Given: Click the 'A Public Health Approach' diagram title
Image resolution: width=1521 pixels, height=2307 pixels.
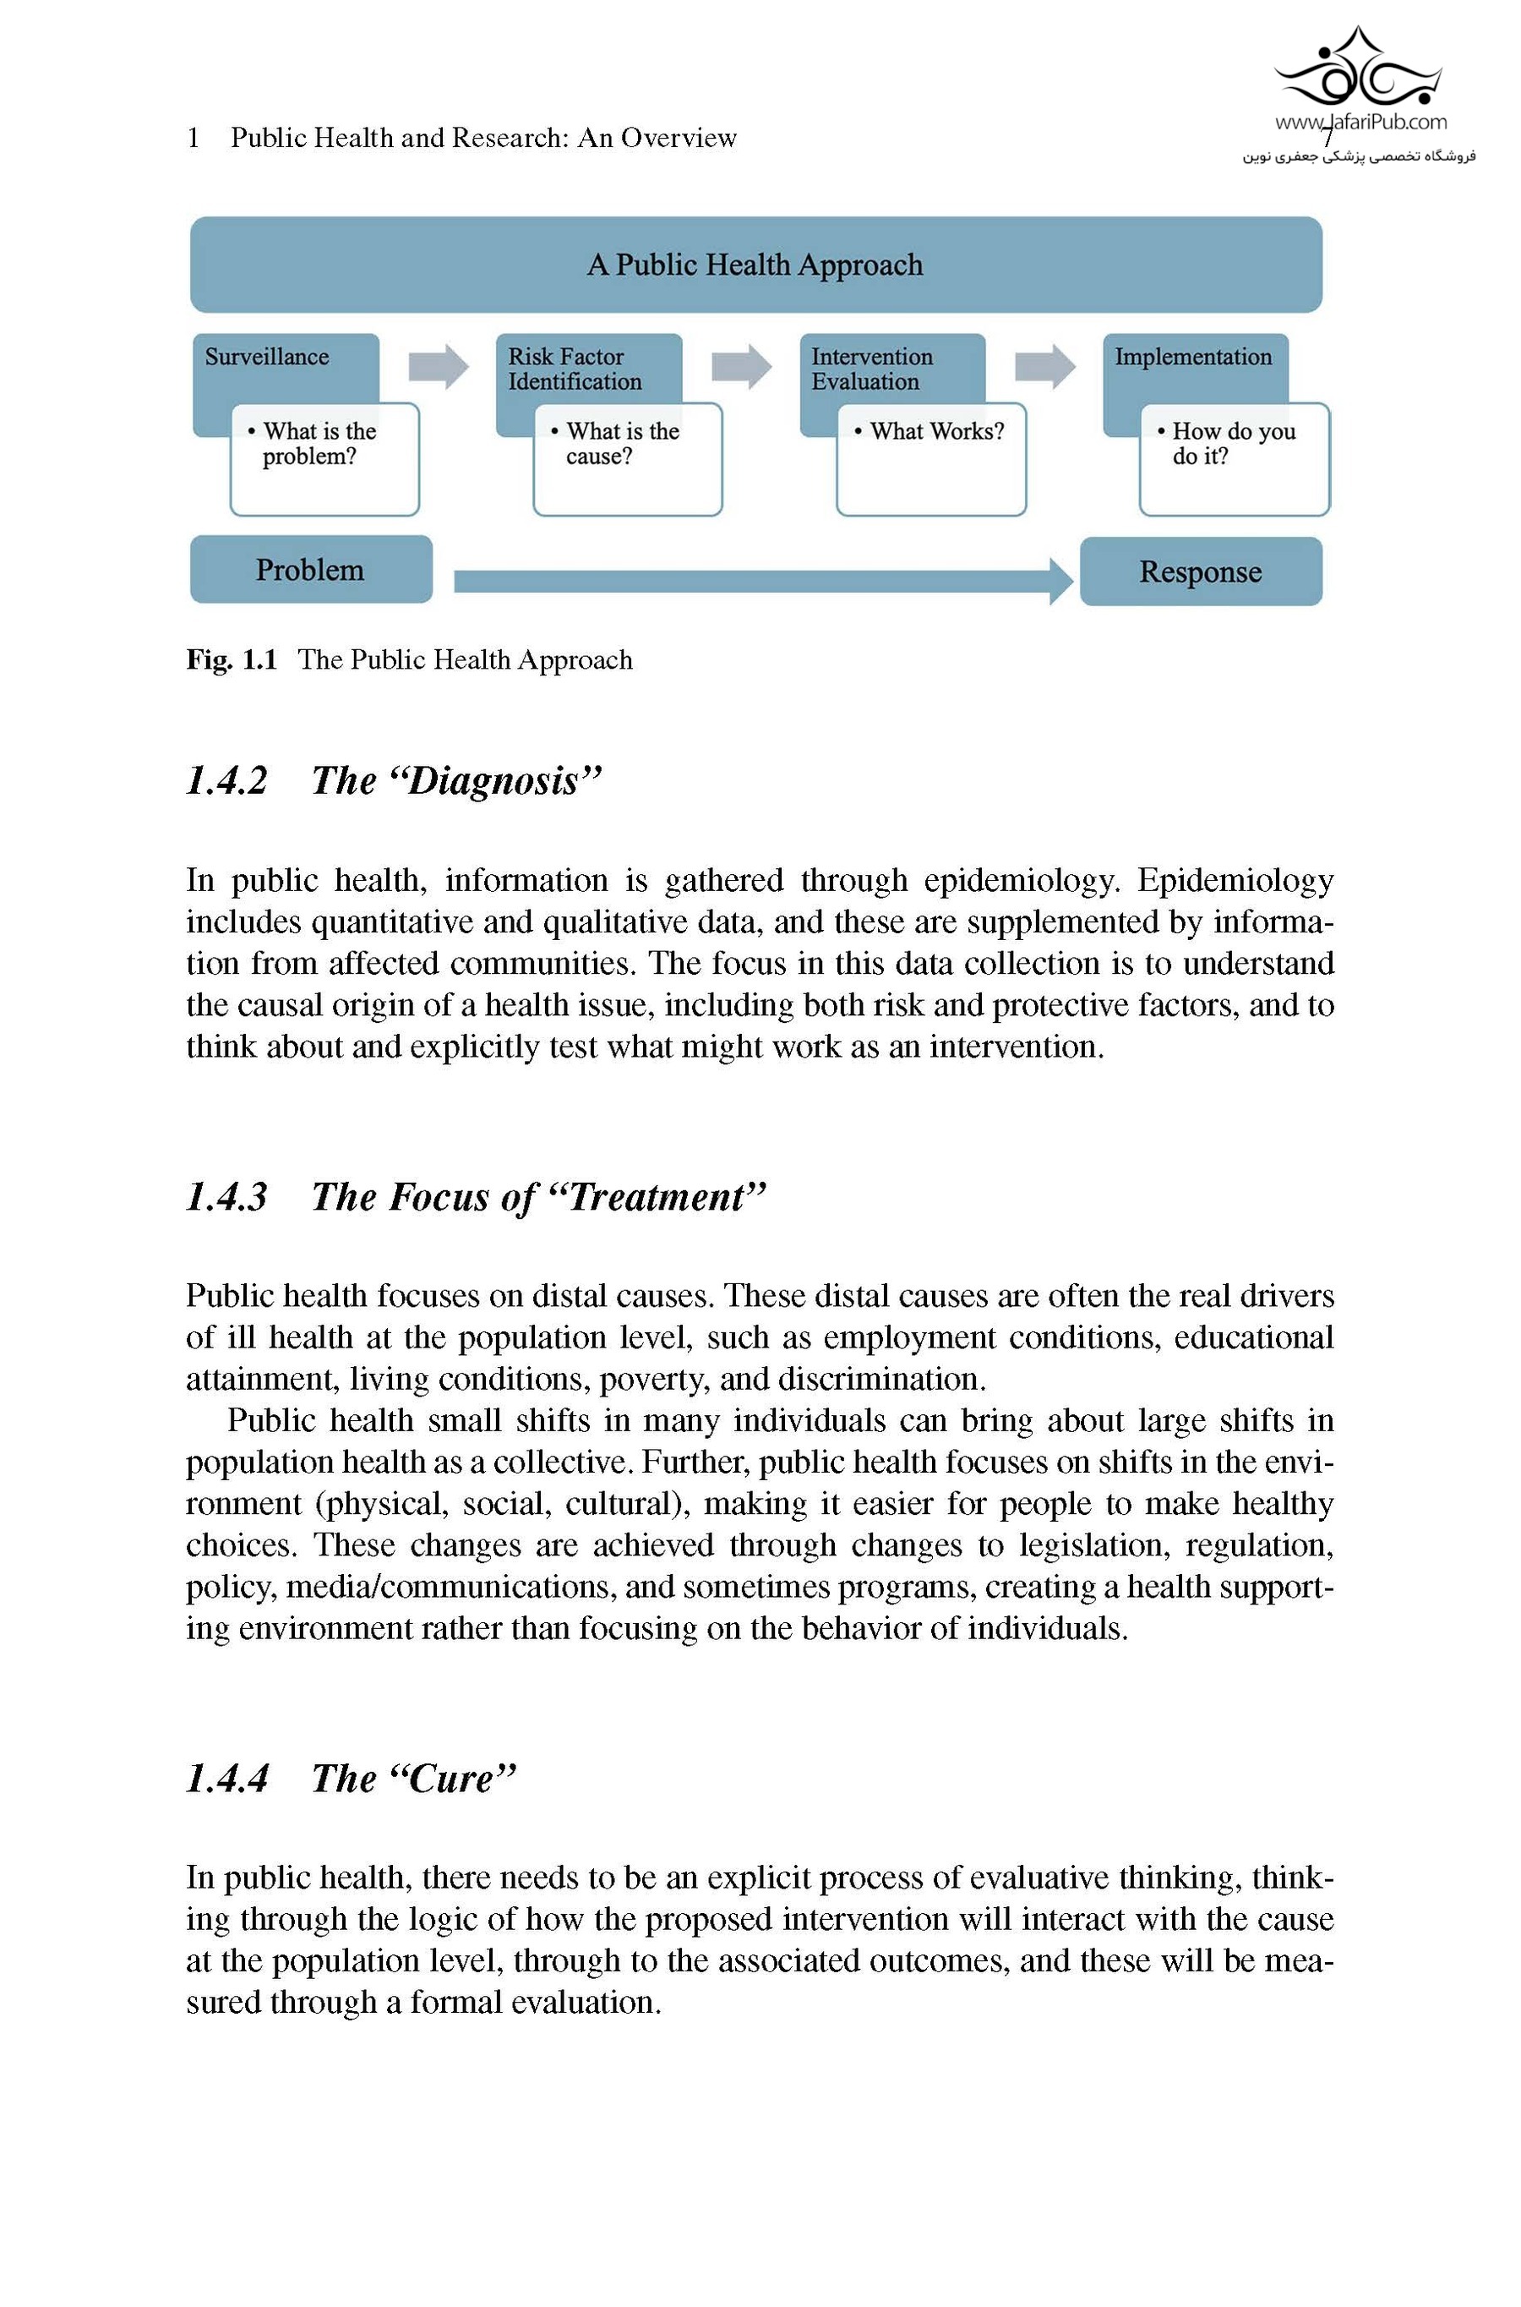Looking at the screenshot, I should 755,265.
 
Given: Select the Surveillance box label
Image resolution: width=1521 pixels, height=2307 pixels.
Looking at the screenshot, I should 267,357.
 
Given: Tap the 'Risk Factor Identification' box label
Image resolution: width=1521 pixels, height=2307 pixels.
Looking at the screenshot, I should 575,369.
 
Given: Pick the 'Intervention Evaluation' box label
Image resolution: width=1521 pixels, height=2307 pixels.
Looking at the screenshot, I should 871,369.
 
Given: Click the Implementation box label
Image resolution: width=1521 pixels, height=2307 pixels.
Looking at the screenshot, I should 1192,357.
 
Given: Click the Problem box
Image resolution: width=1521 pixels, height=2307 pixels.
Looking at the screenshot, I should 310,570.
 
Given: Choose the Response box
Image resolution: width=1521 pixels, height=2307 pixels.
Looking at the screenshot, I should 1200,571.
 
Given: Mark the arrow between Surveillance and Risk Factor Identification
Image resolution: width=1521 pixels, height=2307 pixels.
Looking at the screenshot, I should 439,367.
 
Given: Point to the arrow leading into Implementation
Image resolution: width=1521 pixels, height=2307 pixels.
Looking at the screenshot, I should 1044,367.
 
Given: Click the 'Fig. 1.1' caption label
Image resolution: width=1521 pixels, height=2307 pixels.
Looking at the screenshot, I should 232,659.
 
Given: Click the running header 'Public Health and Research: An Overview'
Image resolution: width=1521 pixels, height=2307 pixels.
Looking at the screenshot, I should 483,138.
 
